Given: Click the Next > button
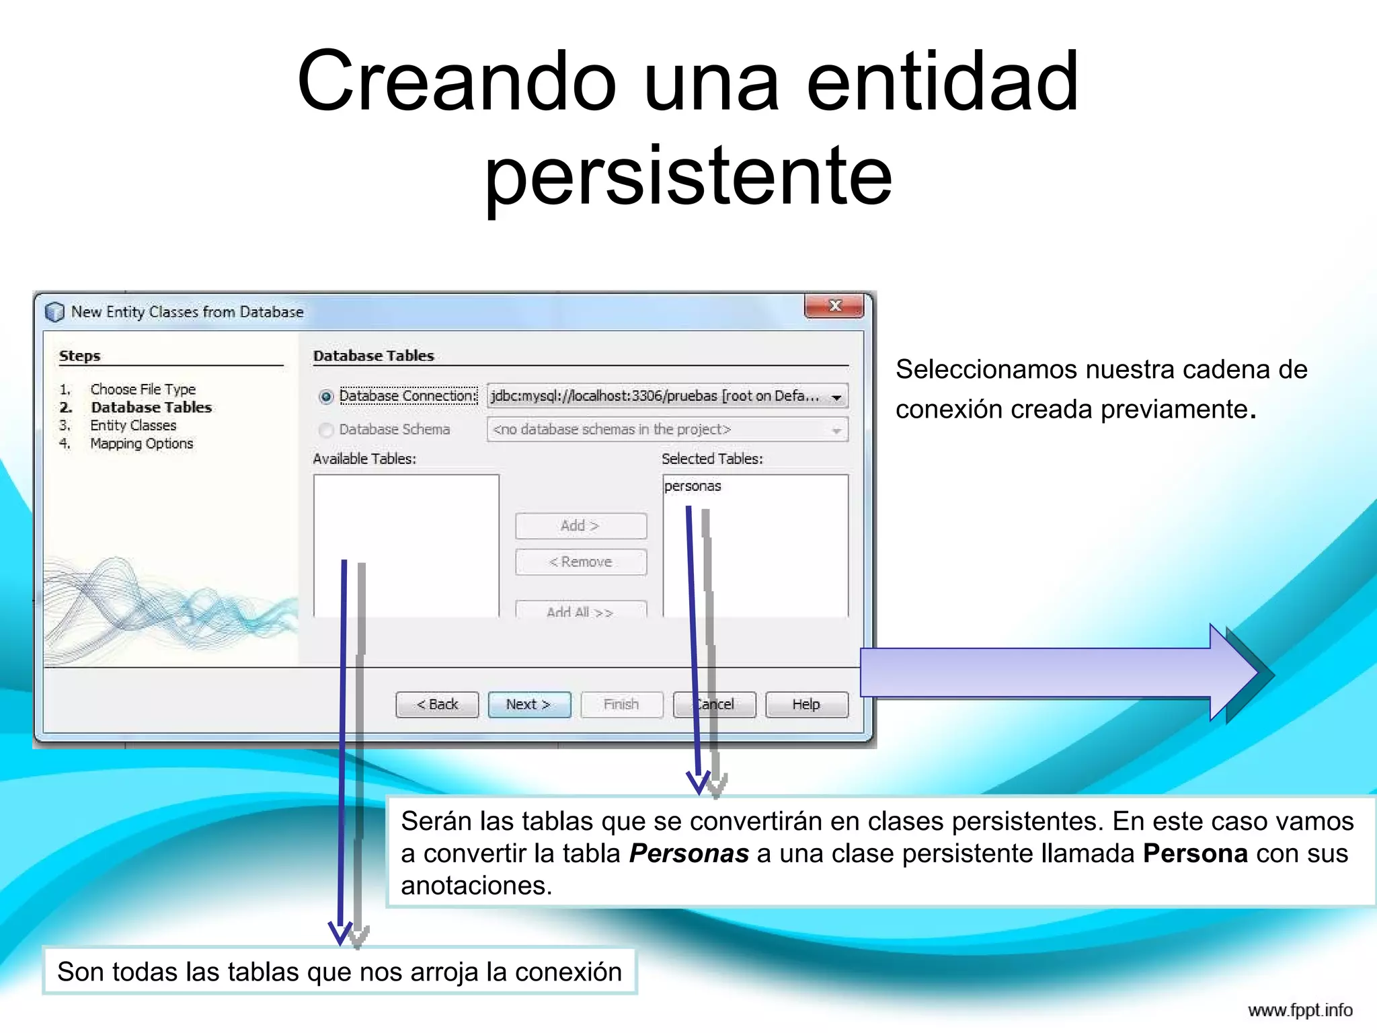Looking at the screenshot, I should tap(528, 704).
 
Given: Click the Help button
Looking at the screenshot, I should tap(805, 704).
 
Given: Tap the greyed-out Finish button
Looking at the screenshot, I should tap(621, 704).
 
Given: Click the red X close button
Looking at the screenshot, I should tap(834, 306).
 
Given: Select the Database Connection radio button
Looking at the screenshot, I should tap(326, 397).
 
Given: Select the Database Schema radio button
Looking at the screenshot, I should tap(326, 430).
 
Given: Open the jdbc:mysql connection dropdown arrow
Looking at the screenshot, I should tap(836, 397).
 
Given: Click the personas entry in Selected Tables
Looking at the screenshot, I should tap(693, 486).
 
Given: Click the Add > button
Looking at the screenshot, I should tap(580, 526).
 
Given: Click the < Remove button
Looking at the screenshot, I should tap(580, 562).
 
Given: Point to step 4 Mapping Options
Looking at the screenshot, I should tap(141, 444).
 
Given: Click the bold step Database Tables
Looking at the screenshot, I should tap(151, 408).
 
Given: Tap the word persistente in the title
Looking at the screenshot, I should tap(688, 176).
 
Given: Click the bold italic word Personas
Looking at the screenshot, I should tap(688, 853).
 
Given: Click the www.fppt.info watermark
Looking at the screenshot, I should tap(1300, 1010).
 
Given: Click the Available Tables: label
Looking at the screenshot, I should tap(364, 459).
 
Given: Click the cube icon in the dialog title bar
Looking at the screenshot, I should tap(54, 312).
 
